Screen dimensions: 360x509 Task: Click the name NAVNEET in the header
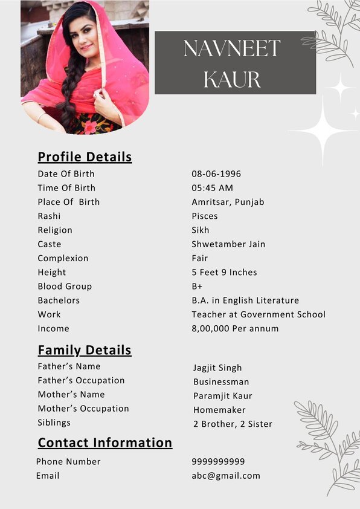point(232,48)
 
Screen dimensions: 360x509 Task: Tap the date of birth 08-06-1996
point(216,173)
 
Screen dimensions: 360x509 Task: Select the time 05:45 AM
point(212,188)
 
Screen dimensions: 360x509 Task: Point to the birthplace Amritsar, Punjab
point(228,202)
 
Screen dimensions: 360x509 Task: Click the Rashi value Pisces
point(205,216)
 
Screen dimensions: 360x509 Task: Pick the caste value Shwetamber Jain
point(228,244)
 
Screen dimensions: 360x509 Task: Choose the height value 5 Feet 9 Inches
point(224,272)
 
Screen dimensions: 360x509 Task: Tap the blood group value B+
point(197,287)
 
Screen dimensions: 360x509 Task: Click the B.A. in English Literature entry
point(245,300)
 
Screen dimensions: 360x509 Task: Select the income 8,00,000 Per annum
point(235,328)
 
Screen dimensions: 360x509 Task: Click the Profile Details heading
point(85,157)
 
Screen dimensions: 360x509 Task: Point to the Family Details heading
point(85,350)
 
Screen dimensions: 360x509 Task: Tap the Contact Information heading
point(105,443)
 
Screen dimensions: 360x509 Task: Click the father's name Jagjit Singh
point(217,368)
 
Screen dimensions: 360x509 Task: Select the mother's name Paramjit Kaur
point(223,396)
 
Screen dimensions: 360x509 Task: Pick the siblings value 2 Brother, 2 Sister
point(233,424)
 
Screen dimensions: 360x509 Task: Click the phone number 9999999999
point(218,461)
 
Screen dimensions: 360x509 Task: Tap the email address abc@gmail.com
point(226,476)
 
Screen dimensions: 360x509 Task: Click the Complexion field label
point(63,258)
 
